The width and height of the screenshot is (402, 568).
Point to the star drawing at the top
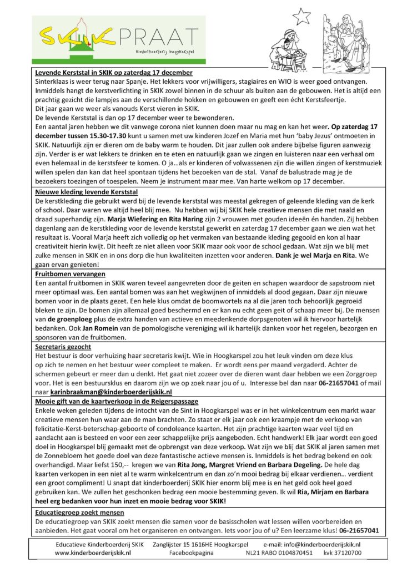tap(301, 16)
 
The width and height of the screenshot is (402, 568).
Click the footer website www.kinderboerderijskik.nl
tap(93, 552)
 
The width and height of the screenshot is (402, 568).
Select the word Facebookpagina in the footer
tap(192, 552)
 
